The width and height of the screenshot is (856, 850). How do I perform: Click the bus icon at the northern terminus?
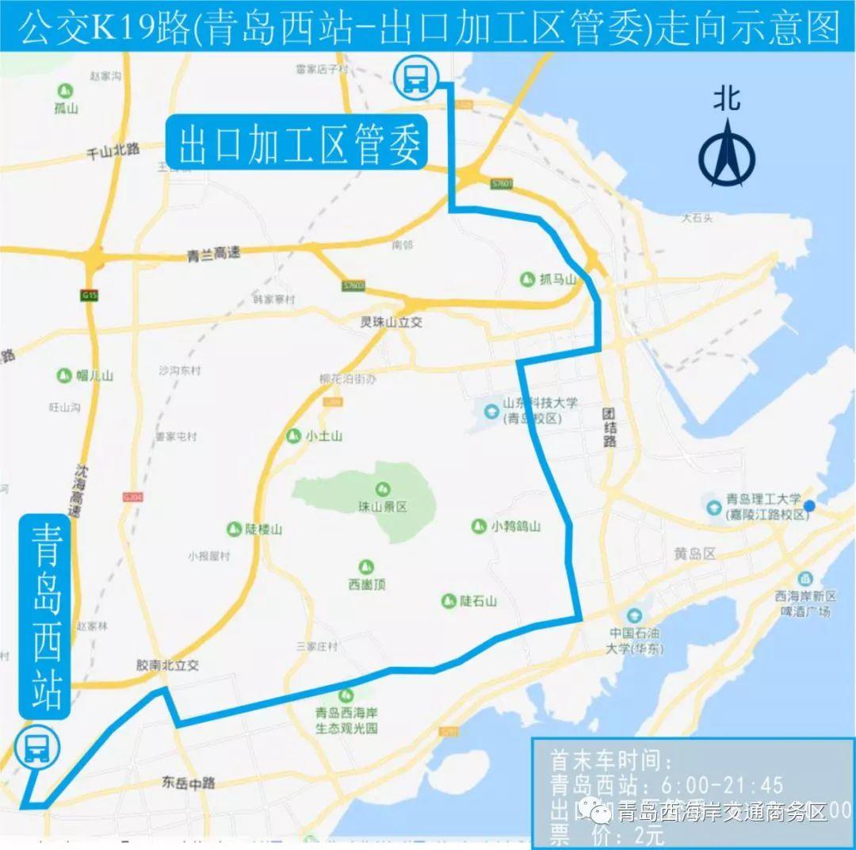coord(415,78)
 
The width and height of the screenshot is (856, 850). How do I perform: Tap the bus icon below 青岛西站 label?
coord(36,747)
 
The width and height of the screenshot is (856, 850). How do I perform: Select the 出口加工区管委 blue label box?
coord(297,144)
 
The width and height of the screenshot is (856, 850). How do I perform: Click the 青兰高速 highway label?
coord(213,255)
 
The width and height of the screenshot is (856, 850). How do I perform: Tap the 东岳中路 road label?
coord(188,783)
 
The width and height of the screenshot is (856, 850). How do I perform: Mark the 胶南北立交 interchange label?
coord(167,666)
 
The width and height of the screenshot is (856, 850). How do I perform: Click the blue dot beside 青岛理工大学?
coord(809,506)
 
